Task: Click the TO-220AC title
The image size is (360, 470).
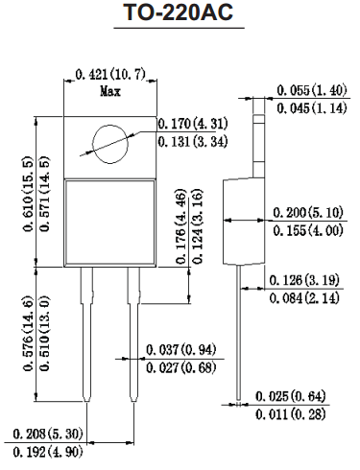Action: [179, 12]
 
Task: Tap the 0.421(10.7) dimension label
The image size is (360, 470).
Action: [110, 75]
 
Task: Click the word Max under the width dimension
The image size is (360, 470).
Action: [110, 91]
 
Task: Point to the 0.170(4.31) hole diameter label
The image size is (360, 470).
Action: [193, 124]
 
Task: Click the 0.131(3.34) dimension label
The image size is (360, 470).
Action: [193, 141]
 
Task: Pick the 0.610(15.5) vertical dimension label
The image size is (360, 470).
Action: [28, 194]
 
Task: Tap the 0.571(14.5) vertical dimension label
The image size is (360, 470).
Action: [45, 194]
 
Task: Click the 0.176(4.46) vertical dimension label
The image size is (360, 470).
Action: [181, 226]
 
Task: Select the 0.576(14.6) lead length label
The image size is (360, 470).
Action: [28, 334]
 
